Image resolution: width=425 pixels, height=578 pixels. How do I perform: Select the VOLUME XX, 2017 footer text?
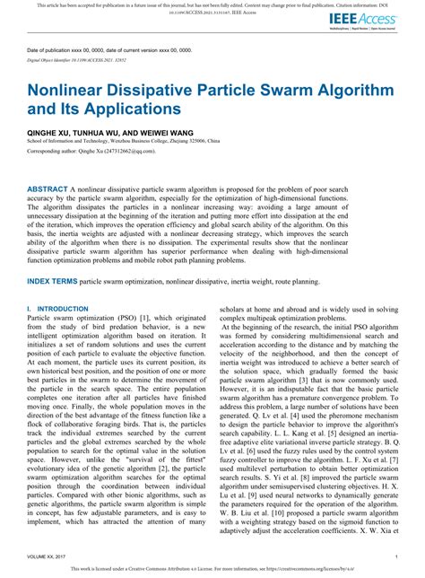tap(50, 556)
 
